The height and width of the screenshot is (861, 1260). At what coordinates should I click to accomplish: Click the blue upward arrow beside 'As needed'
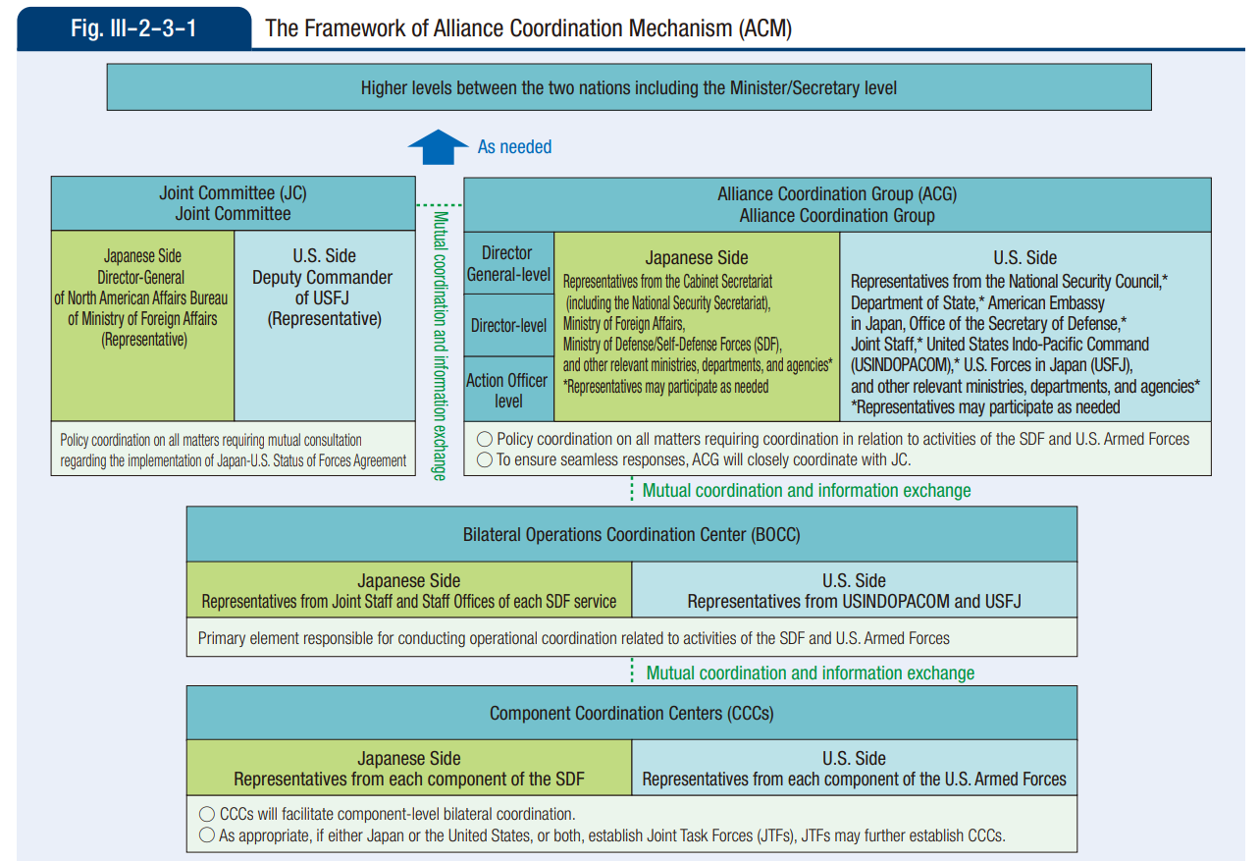click(x=438, y=147)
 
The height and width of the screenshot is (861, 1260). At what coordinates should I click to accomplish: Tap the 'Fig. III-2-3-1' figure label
click(x=133, y=27)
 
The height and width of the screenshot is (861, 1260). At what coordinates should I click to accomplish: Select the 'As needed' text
click(x=514, y=147)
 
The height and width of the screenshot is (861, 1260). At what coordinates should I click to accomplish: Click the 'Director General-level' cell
click(x=508, y=263)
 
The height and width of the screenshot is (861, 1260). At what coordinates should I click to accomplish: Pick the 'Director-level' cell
click(x=508, y=325)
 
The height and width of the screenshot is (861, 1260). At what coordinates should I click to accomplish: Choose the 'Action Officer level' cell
click(x=508, y=390)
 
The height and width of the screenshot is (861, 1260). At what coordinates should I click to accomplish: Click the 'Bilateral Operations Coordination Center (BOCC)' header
click(x=631, y=535)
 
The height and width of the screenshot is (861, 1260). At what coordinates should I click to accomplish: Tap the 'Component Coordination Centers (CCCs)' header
click(x=631, y=714)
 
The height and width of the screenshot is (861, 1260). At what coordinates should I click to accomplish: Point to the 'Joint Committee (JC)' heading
click(x=233, y=193)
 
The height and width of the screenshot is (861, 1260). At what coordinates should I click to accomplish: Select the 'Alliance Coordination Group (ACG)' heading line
click(x=836, y=194)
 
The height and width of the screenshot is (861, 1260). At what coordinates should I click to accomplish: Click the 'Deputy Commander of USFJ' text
click(x=324, y=288)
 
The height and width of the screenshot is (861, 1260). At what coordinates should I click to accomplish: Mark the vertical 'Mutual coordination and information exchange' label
click(x=440, y=345)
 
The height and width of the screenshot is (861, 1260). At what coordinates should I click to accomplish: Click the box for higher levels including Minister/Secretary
click(x=628, y=88)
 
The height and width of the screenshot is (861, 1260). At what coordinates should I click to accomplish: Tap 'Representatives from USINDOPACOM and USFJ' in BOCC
click(x=854, y=601)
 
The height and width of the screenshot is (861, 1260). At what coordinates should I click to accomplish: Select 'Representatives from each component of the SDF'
click(x=408, y=780)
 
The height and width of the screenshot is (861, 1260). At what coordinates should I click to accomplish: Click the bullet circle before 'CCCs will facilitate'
click(x=206, y=814)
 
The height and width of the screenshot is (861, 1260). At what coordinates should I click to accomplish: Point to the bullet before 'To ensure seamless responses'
click(x=484, y=459)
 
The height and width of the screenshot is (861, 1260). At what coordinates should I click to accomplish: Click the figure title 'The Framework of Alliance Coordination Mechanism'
click(x=528, y=27)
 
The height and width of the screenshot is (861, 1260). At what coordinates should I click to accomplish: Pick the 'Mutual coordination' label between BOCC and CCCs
click(x=810, y=673)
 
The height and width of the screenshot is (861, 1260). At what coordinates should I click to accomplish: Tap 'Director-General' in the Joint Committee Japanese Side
click(x=141, y=278)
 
